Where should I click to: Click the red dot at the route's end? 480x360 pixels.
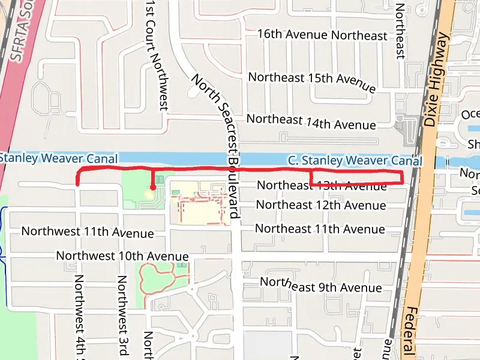(153, 188)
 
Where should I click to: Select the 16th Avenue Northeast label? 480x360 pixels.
(322, 35)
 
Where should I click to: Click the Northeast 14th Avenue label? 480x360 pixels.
(311, 122)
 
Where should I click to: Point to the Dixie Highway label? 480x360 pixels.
(437, 80)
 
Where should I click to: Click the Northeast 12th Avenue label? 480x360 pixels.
(320, 205)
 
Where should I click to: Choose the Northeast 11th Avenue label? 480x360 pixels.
(320, 229)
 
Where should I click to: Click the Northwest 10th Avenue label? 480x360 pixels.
(122, 256)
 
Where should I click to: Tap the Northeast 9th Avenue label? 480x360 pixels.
(320, 286)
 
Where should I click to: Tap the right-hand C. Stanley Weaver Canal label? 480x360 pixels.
(355, 161)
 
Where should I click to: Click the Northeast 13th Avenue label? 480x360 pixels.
(321, 185)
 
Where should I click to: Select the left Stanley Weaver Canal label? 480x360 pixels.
(58, 158)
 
